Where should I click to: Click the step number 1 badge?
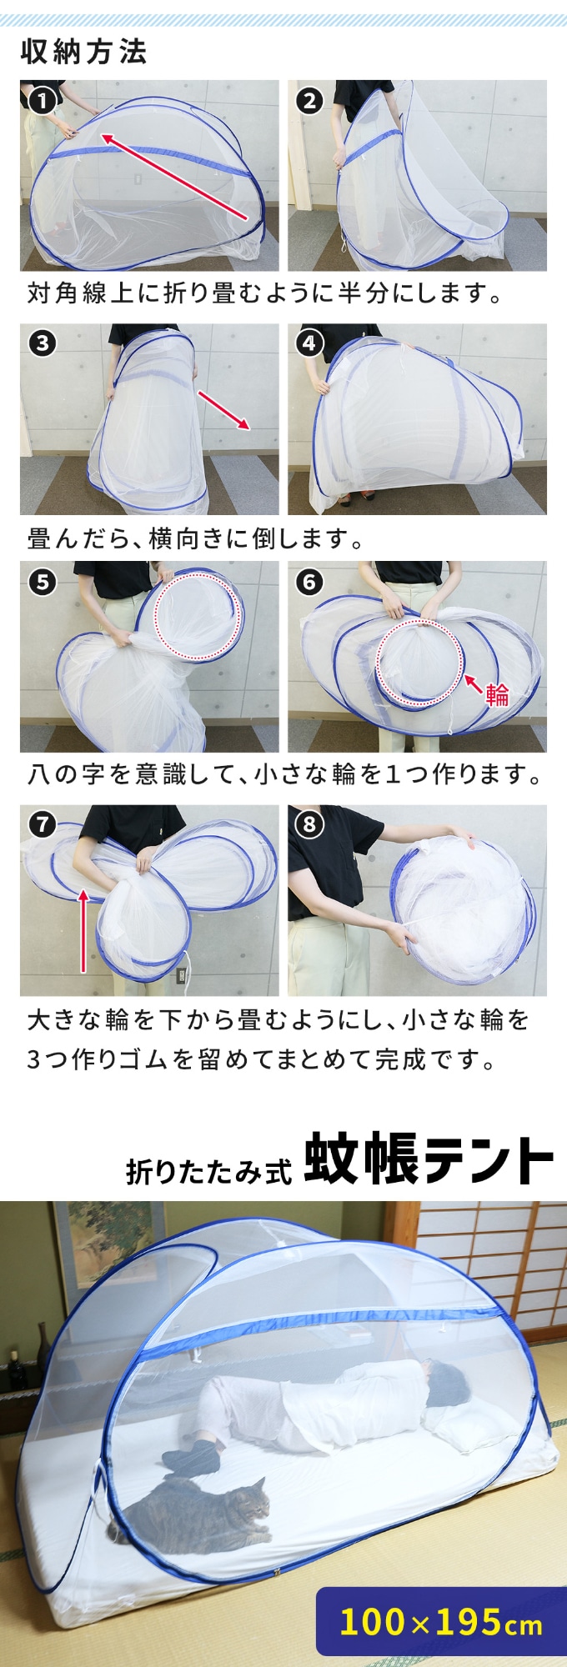coord(42,102)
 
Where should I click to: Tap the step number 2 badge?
coord(309,102)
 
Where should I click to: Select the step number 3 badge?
coord(42,343)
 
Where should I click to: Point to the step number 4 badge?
coord(309,343)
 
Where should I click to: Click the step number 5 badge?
coord(42,582)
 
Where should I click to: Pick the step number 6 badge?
coord(309,582)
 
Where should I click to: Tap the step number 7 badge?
coord(42,825)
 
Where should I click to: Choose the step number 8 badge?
coord(309,825)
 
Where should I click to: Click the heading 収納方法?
coord(83,53)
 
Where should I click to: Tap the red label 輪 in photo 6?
coord(497,694)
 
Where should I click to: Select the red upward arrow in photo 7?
coord(83,930)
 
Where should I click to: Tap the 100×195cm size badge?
coord(441,1622)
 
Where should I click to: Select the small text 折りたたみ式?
coord(209,1171)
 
